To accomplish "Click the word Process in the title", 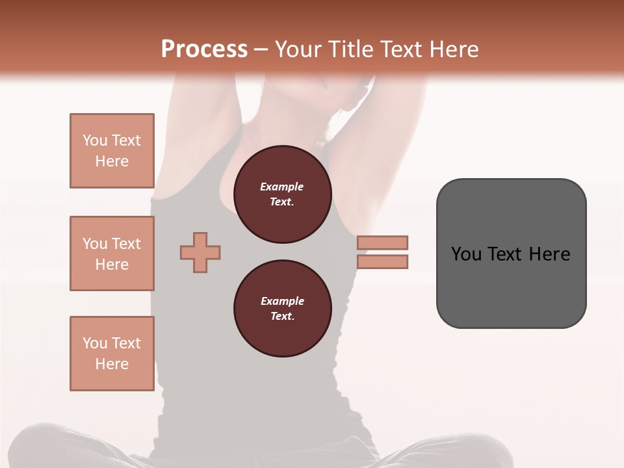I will click(204, 49).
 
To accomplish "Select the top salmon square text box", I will click(112, 151).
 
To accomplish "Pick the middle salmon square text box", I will click(112, 253).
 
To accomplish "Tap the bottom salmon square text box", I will click(112, 354).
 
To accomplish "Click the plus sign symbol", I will click(200, 252).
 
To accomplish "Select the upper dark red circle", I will click(282, 194).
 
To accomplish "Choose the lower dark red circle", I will click(282, 309).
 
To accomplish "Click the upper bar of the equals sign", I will click(383, 242).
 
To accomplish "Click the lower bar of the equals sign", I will click(383, 262).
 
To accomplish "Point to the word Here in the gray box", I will click(549, 254).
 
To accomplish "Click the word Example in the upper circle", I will click(282, 187).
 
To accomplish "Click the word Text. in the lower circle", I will click(282, 317).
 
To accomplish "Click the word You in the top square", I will click(95, 140).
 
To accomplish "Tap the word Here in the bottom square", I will click(112, 364).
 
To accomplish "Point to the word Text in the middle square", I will click(126, 244).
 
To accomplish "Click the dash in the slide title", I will click(261, 50).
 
